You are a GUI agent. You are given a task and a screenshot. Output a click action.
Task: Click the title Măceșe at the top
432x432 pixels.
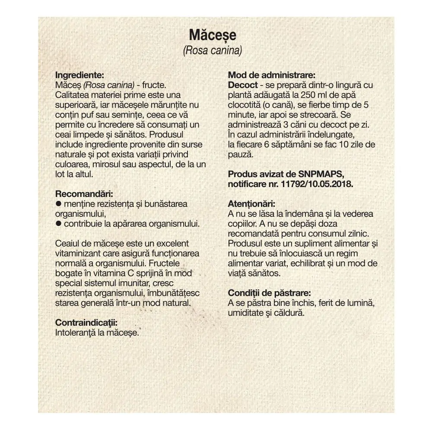(x=213, y=35)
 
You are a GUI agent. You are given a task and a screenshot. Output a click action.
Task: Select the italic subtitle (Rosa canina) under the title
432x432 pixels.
(x=212, y=51)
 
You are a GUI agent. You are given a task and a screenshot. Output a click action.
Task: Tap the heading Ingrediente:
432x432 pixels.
(x=80, y=74)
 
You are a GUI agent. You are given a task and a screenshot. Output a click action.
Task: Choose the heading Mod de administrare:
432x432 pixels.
(x=268, y=74)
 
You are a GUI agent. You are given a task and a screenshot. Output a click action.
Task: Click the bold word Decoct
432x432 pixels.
(x=243, y=85)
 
